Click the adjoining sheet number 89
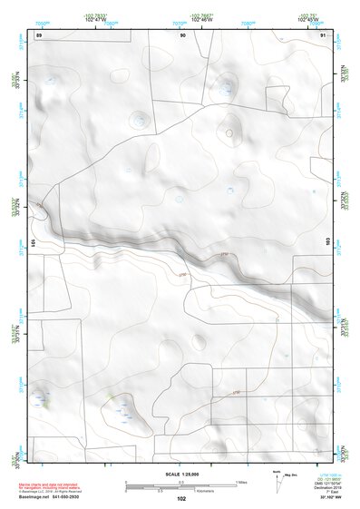38,34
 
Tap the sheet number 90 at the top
183,34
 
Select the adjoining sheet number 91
324,34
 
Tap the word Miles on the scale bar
240,481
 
